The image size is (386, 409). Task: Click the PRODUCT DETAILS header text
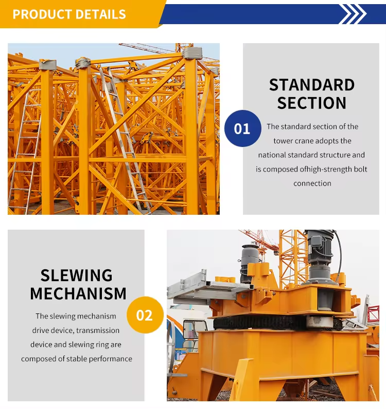pos(69,14)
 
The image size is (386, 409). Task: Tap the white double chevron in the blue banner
pos(353,14)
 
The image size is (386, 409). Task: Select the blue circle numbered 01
pos(243,128)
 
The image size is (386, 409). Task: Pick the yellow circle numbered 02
pos(145,315)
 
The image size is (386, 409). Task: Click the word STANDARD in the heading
pos(312,85)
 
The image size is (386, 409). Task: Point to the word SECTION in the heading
pos(312,103)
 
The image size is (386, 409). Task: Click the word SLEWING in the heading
pos(76,275)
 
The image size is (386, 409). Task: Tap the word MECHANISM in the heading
pos(78,293)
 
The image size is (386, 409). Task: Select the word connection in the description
pos(312,183)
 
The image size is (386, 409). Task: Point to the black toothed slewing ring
pos(277,322)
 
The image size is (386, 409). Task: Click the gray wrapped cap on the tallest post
pos(192,53)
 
